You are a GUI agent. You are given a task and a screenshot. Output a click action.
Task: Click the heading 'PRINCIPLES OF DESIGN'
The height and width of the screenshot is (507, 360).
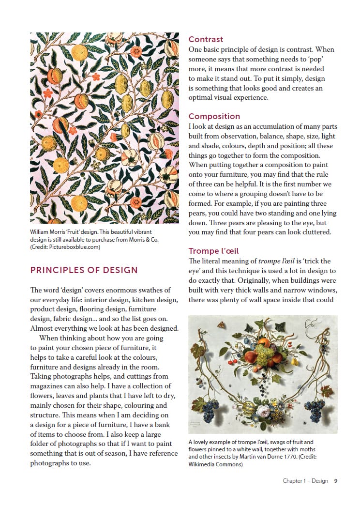pyautogui.click(x=84, y=270)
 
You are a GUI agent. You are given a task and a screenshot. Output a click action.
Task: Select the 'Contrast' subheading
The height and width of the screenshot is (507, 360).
pyautogui.click(x=206, y=39)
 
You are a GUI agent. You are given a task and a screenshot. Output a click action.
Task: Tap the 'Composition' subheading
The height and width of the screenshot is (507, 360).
pyautogui.click(x=214, y=116)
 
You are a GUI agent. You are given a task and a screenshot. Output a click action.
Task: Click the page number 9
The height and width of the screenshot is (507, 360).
pyautogui.click(x=335, y=481)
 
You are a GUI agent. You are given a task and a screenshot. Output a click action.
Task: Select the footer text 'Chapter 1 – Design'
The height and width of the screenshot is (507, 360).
pyautogui.click(x=305, y=481)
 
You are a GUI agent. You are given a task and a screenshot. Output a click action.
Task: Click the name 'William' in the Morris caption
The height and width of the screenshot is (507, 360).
pyautogui.click(x=40, y=232)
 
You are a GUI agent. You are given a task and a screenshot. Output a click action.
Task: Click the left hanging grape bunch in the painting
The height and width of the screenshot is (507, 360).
pyautogui.click(x=210, y=410)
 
